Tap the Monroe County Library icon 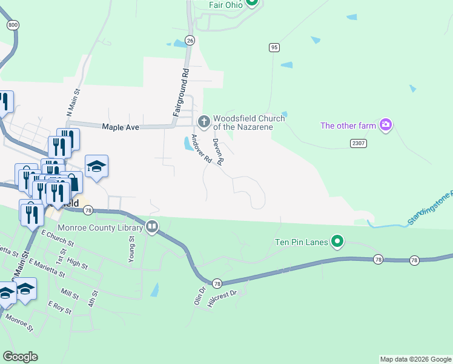152,227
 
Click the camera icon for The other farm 385,126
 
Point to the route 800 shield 13,25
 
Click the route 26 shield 190,40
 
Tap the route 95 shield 274,47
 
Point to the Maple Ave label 121,127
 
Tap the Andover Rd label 201,149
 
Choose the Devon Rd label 219,152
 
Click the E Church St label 57,238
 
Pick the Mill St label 70,295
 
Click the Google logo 20,357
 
